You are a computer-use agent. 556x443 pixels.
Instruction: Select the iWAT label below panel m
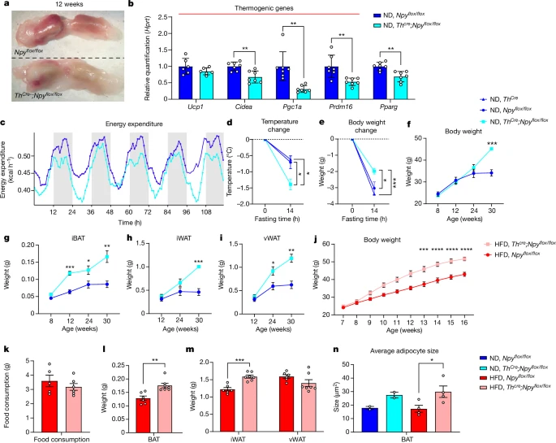pyautogui.click(x=244, y=428)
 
